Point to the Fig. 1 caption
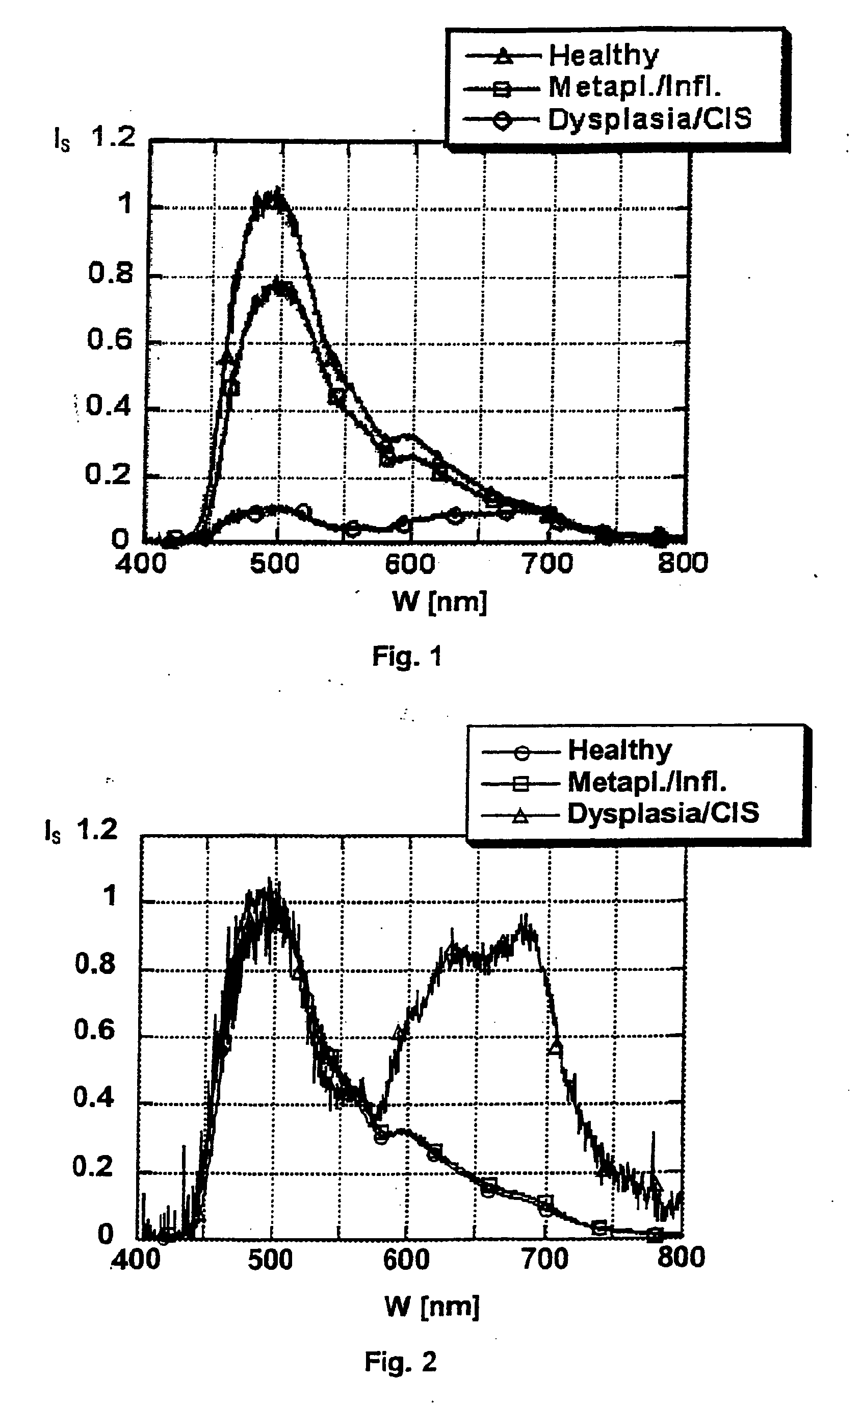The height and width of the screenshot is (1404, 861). click(407, 657)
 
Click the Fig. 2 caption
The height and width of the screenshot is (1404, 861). click(400, 1361)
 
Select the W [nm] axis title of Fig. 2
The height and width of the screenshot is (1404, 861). click(432, 1306)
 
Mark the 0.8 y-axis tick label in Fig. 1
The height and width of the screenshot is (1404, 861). click(111, 273)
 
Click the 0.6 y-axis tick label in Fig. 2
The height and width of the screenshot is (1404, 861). click(94, 1030)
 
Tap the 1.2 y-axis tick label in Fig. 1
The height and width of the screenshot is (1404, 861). click(114, 137)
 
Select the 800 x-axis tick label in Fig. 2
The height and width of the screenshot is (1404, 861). click(681, 1258)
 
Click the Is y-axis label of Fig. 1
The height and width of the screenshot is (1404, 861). click(62, 140)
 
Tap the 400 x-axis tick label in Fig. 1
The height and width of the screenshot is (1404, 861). click(141, 564)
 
